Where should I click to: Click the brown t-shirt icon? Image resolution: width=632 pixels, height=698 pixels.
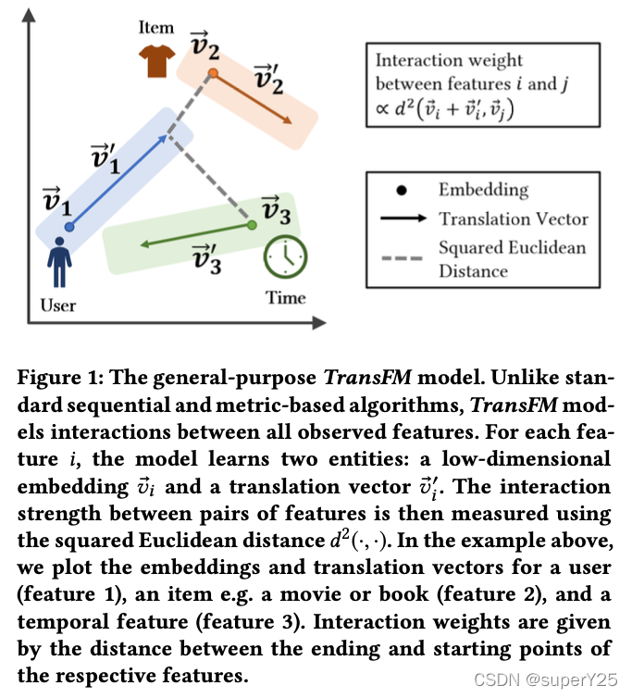click(156, 63)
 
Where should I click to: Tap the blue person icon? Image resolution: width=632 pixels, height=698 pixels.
click(61, 263)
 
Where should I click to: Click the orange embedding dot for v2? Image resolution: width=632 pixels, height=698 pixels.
click(214, 73)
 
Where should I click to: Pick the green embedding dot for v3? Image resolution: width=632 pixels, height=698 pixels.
click(252, 224)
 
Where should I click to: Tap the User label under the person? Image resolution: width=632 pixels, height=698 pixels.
click(59, 305)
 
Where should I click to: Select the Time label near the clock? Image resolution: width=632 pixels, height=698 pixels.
click(285, 298)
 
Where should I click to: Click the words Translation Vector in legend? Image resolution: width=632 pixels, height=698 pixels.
click(513, 219)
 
